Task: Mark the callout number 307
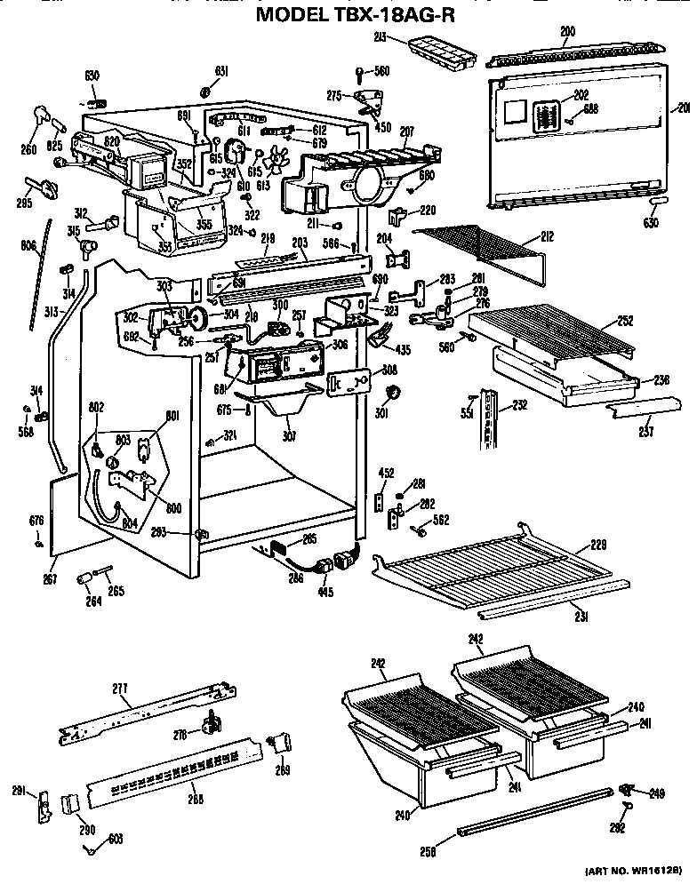tap(290, 436)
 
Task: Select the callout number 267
tap(51, 578)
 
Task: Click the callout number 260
tap(28, 150)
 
